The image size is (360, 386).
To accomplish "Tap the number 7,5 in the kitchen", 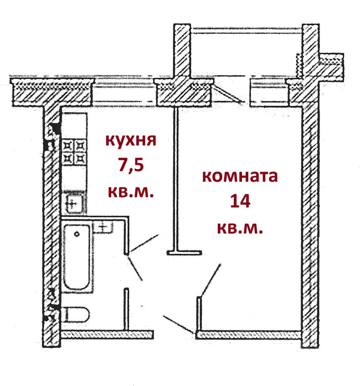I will pos(130,166).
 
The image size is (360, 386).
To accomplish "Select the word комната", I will pos(240,176).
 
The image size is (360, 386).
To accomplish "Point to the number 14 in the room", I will pos(240,201).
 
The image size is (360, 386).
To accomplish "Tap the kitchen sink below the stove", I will pos(74,202).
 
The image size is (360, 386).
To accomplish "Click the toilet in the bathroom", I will pos(76,314).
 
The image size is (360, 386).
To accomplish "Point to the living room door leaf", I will pos(210,280).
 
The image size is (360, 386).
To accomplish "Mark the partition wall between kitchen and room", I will pos(177,177).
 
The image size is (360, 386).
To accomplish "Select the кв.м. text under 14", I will pos(240,228).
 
